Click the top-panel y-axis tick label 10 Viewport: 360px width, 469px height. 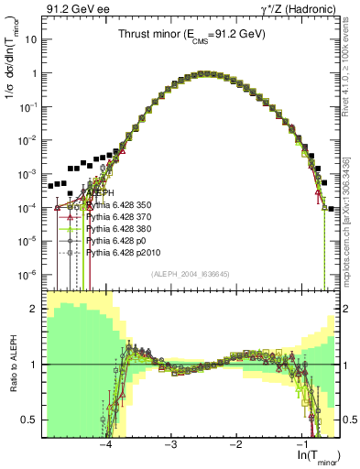click(x=31, y=40)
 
